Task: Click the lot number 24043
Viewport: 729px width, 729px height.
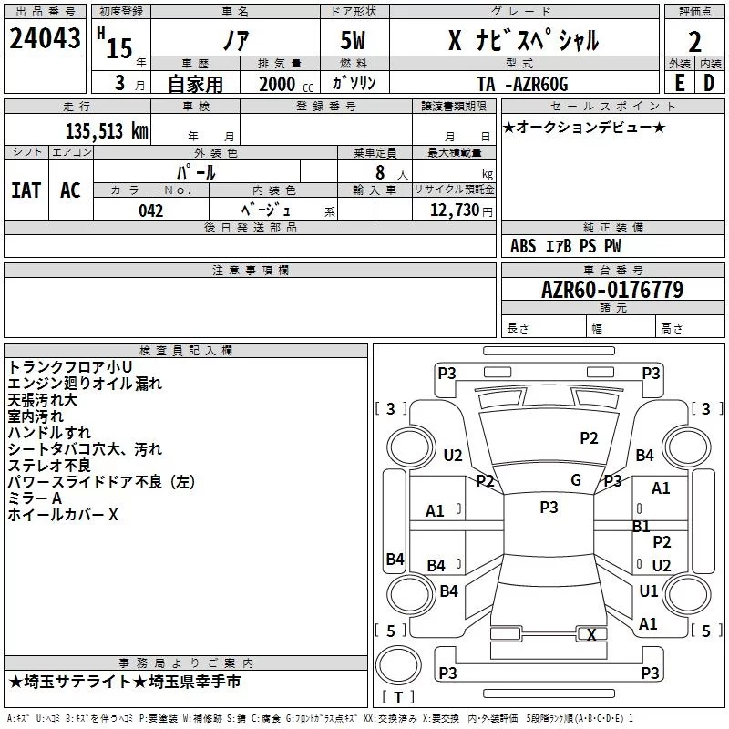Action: [45, 39]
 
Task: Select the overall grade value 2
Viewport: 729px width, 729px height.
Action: [695, 42]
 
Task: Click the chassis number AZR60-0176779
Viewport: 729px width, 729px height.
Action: [611, 290]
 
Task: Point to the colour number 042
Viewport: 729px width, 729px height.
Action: [151, 210]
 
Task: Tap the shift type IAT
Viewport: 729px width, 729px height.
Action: [26, 190]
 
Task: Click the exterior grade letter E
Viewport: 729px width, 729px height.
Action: [679, 83]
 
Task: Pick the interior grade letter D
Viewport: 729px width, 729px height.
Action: [709, 83]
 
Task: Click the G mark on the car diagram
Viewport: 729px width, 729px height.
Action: [576, 480]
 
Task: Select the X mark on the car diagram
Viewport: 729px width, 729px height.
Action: [592, 635]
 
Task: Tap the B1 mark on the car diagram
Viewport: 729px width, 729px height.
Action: [642, 527]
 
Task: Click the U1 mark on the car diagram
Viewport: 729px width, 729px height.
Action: [649, 591]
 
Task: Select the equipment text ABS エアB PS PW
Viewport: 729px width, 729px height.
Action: [566, 246]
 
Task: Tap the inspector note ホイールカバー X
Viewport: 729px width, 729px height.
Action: [63, 515]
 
